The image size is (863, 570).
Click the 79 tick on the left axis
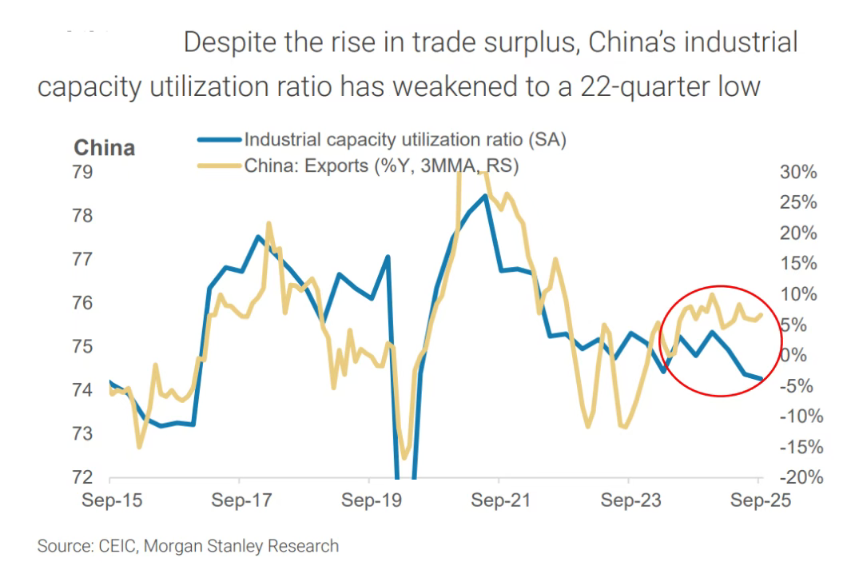pos(83,173)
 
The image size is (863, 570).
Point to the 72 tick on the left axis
pos(83,478)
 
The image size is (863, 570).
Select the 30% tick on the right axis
pos(798,173)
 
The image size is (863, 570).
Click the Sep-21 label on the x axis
pos(499,501)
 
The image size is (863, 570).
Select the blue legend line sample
pos(219,139)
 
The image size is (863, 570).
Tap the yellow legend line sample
pos(219,165)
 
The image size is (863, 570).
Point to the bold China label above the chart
pos(104,148)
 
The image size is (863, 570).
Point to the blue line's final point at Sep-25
pos(760,379)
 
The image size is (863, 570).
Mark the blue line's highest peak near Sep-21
pos(485,196)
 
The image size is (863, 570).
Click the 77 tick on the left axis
pos(83,260)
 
